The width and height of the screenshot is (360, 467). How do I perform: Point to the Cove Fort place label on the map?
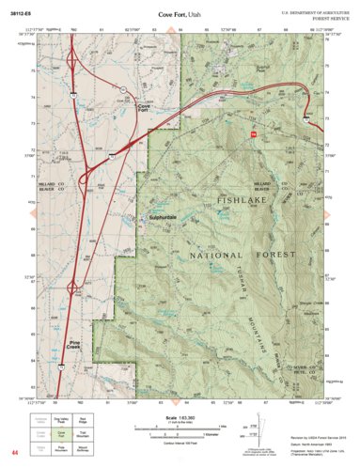point(144,108)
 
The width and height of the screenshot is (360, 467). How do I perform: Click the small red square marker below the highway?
point(253,135)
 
